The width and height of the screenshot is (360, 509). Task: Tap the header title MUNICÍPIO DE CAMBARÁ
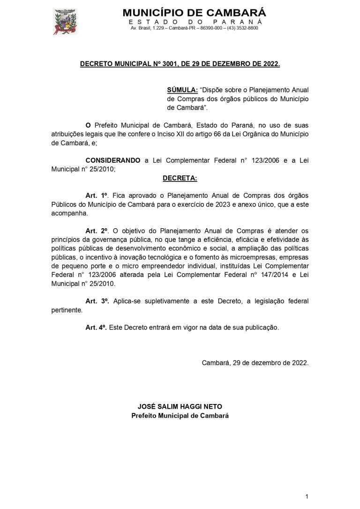[x=194, y=13]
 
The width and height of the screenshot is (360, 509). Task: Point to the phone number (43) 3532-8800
[x=242, y=28]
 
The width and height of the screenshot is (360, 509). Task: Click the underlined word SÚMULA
[x=182, y=90]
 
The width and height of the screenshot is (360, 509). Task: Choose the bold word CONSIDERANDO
[x=112, y=160]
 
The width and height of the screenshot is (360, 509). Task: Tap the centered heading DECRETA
[x=180, y=178]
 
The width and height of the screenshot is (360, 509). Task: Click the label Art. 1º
[x=97, y=195]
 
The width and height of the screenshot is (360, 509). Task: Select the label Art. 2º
[x=97, y=231]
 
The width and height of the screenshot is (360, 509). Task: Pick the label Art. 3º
[x=97, y=301]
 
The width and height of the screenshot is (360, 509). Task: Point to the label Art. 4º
[x=96, y=328]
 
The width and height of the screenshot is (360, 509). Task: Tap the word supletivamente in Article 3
[x=165, y=301]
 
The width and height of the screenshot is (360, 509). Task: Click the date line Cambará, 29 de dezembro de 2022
[x=255, y=363]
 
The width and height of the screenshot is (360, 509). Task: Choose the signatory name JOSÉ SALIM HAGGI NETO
[x=180, y=406]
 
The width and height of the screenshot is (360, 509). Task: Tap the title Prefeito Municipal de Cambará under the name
[x=180, y=416]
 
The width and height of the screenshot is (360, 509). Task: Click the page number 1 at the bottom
[x=306, y=496]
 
